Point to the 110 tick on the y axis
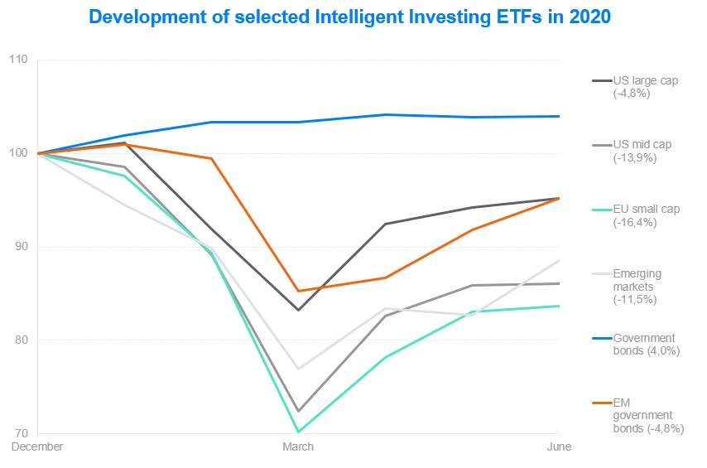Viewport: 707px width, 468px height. click(17, 60)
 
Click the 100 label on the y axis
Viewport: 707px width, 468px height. click(17, 154)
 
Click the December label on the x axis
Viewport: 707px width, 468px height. click(37, 447)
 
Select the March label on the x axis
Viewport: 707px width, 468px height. click(298, 447)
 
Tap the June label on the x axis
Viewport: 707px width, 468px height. click(559, 447)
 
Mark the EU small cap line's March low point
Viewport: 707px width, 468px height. click(298, 432)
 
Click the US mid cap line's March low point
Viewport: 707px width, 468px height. click(298, 411)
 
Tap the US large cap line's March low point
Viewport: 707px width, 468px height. click(298, 310)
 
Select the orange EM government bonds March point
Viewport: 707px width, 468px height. click(298, 291)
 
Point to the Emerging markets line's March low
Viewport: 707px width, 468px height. click(298, 369)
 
